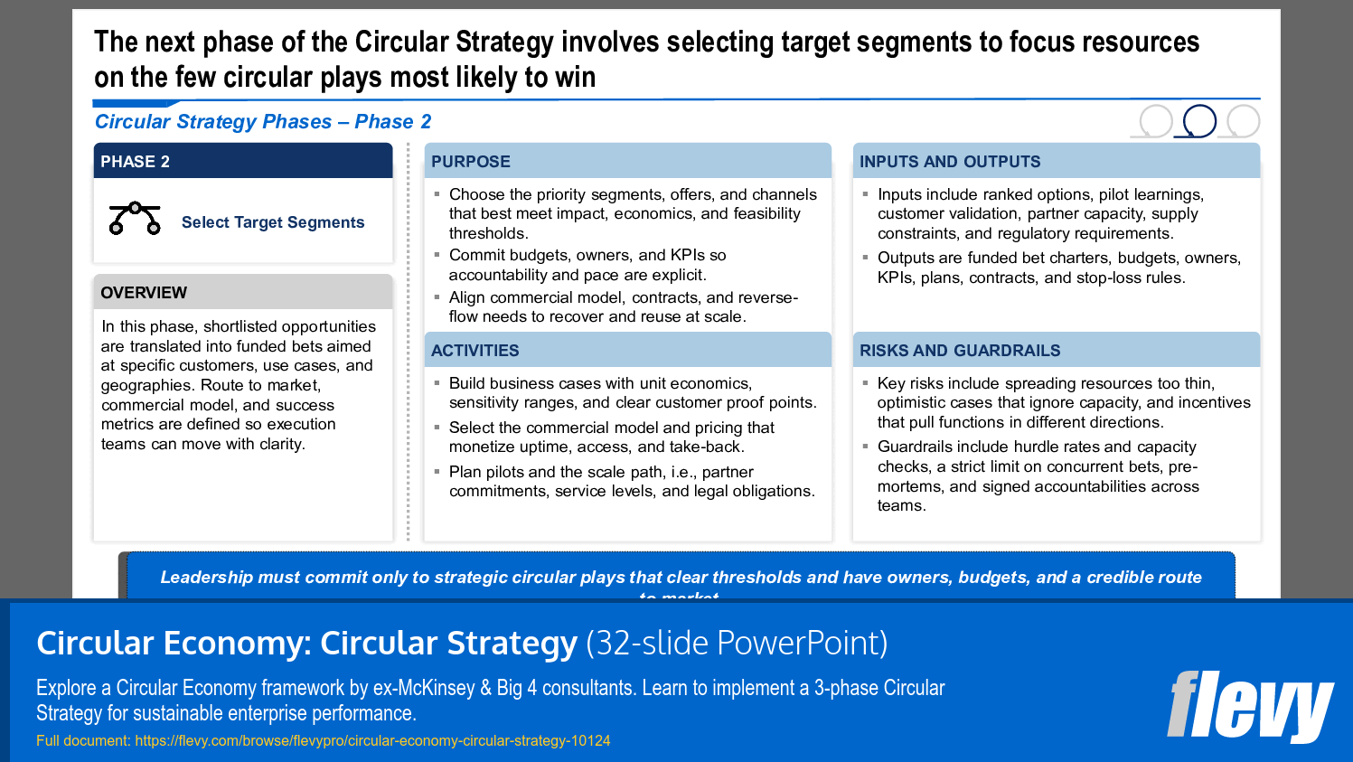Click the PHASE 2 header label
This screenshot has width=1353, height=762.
(135, 161)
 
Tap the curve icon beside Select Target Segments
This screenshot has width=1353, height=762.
(135, 218)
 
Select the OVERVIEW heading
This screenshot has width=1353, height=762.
(144, 293)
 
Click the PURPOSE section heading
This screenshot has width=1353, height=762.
(471, 161)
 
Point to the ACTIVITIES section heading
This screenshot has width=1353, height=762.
(474, 351)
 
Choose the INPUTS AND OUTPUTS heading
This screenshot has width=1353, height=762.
(950, 161)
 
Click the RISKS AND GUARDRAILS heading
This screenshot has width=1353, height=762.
(960, 351)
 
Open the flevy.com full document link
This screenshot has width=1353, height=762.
(372, 741)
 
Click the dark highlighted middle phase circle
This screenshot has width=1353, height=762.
(1199, 108)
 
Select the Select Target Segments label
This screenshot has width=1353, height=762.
(273, 222)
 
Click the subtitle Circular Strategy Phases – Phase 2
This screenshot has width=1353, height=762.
(263, 121)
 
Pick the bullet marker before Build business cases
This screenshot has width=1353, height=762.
(437, 382)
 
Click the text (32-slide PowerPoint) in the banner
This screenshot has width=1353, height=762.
(737, 643)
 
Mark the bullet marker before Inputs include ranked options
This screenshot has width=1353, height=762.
(866, 194)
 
